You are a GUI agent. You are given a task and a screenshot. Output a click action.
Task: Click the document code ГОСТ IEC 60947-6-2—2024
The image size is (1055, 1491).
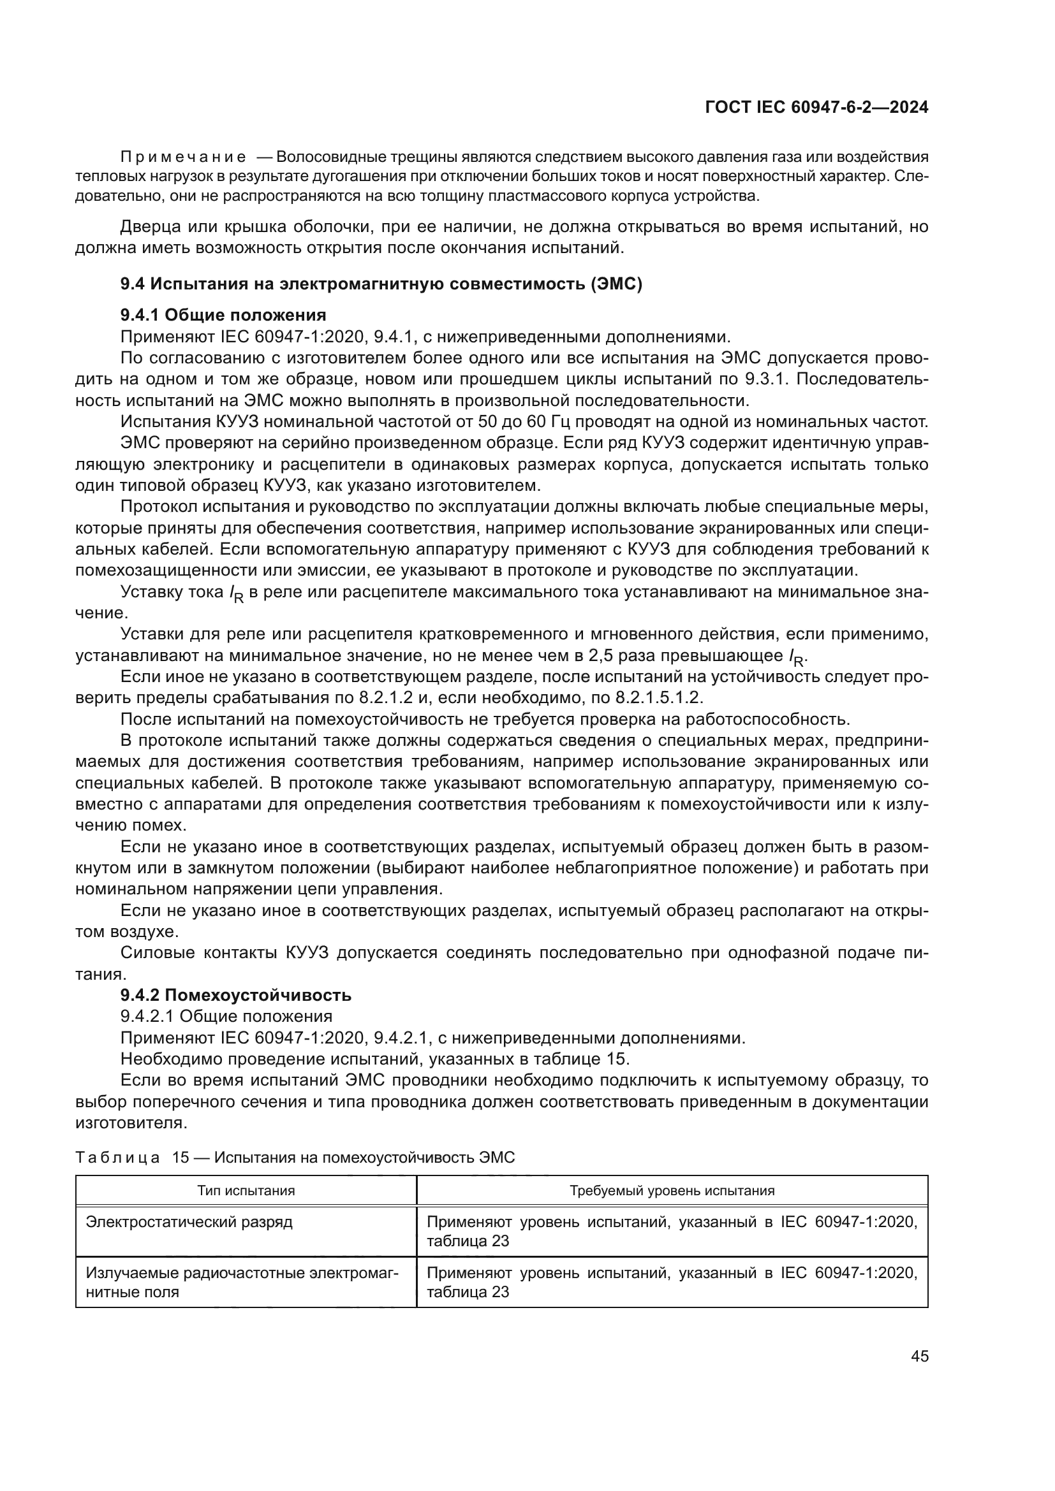click(x=816, y=108)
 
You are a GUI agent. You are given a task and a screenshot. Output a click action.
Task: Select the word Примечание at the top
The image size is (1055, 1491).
click(x=182, y=157)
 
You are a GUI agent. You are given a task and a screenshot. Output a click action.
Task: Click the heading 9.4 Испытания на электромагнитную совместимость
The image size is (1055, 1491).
click(x=381, y=284)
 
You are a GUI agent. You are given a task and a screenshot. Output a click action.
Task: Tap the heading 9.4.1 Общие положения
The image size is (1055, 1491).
click(x=223, y=315)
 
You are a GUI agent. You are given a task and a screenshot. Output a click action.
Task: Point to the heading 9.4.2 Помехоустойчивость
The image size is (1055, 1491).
click(x=235, y=995)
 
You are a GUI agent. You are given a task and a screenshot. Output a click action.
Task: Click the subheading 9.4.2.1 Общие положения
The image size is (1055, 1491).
click(x=226, y=1016)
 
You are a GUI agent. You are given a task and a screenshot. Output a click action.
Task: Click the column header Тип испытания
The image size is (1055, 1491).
click(x=246, y=1191)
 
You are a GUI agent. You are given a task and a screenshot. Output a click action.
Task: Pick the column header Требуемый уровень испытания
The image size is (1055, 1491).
click(x=672, y=1191)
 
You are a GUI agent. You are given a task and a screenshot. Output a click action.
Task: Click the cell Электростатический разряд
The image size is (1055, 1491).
click(x=189, y=1222)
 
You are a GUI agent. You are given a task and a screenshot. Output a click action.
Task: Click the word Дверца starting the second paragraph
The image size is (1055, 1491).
click(x=149, y=228)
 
